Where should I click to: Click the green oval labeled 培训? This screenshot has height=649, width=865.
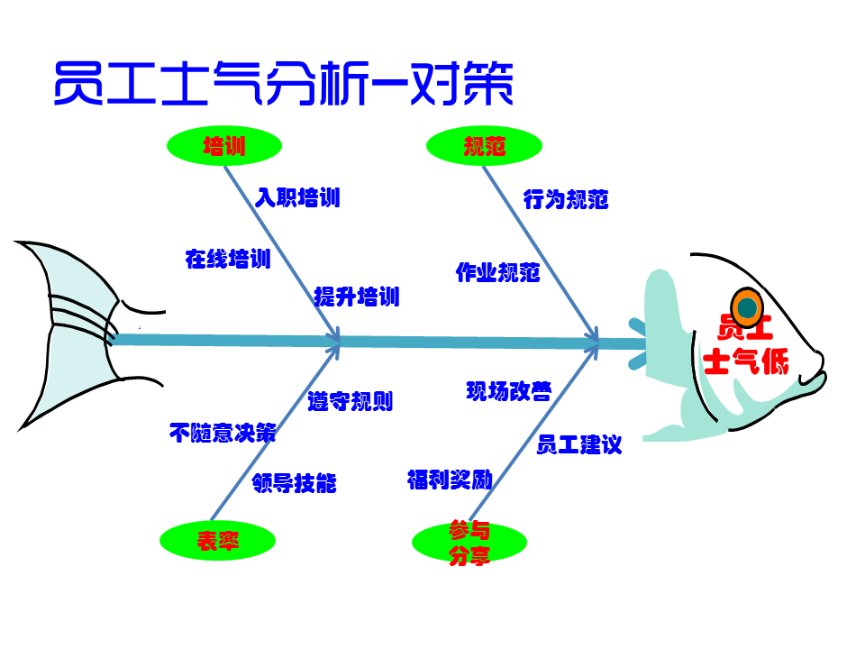point(224,146)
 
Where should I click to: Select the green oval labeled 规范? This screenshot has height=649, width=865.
point(484,146)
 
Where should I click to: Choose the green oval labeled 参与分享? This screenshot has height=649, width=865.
point(469,543)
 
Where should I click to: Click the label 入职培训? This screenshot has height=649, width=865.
point(297,197)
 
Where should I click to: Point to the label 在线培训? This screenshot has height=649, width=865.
point(228,260)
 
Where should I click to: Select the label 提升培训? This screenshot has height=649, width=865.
point(357,297)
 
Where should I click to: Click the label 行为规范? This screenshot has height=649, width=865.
point(566,199)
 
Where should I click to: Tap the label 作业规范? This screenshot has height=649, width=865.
point(497,272)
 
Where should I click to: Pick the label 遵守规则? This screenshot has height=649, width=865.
point(351,401)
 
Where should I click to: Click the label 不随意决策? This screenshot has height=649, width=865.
point(223,433)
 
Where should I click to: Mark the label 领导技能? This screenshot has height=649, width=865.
point(295,483)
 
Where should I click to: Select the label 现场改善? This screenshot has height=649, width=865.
point(509,390)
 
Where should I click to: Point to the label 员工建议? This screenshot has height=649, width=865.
point(579,444)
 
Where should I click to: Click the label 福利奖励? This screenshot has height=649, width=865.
point(450,480)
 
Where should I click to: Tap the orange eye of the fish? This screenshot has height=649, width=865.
point(746,308)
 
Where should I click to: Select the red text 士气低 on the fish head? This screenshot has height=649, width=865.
point(745,362)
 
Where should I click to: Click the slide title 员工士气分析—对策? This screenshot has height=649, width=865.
point(283,85)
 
